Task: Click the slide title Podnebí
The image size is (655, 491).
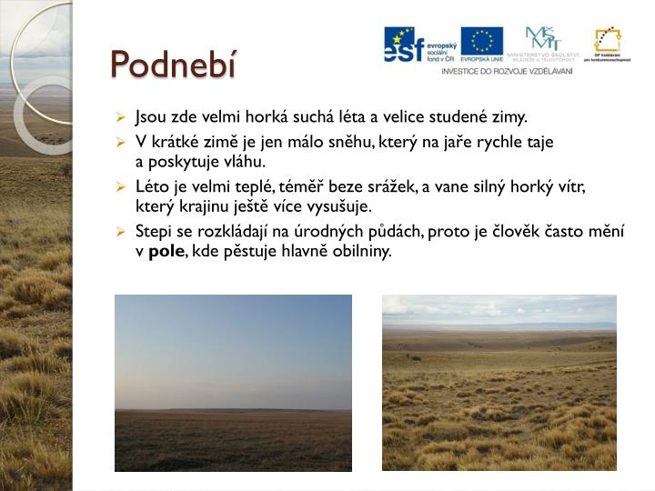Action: click(172, 64)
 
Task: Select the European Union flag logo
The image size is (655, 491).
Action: click(481, 41)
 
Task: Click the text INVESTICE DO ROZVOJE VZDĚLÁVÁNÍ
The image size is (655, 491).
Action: click(507, 71)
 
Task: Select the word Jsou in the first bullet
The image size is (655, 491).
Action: click(150, 117)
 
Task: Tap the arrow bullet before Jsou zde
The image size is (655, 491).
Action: click(121, 118)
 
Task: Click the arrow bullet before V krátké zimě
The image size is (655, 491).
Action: click(121, 143)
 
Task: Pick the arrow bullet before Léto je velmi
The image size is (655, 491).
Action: click(121, 186)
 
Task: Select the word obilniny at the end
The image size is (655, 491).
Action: click(361, 251)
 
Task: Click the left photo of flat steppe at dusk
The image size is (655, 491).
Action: click(233, 383)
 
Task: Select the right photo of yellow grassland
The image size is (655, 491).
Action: click(499, 383)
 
